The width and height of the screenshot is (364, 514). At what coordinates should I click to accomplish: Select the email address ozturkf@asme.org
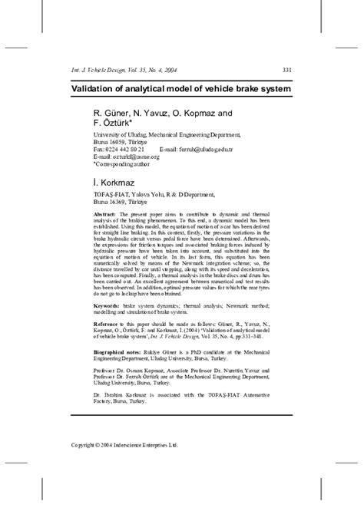(x=127, y=157)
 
